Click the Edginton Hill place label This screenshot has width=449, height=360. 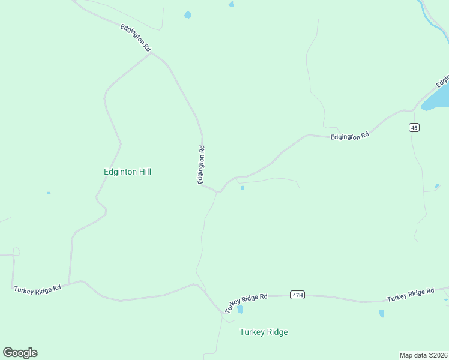pos(127,172)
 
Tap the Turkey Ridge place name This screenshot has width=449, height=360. pos(264,332)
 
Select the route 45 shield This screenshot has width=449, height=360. pos(414,127)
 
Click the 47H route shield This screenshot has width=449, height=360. pos(297,295)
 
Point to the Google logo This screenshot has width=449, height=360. pos(20,353)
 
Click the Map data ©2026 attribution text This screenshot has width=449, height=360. pos(423,355)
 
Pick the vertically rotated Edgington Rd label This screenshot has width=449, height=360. pos(202,165)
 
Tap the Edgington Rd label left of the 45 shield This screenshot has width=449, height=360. pos(349,137)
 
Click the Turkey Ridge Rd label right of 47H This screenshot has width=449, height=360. pos(410,295)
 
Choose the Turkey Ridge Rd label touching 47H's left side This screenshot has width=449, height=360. pos(246,302)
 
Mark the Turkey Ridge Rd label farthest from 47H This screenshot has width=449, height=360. pos(37,289)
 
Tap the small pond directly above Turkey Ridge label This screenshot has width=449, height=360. pos(240,310)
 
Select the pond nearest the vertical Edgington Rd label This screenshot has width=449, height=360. pos(242,188)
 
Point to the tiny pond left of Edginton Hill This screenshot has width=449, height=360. pos(49,193)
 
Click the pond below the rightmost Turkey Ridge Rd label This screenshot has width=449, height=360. pos(381,313)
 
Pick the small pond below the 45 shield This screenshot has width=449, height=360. pos(437,186)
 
